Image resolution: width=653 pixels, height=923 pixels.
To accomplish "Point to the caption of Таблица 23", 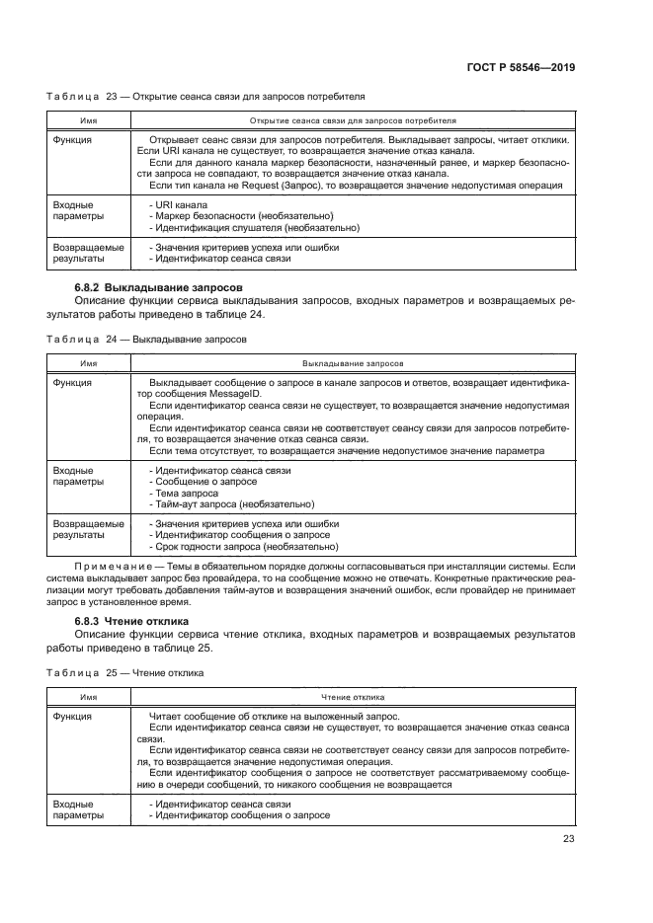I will coord(206,98).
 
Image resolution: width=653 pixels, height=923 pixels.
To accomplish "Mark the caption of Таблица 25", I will coord(125,672).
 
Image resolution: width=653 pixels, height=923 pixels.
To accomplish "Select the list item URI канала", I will coord(177,204).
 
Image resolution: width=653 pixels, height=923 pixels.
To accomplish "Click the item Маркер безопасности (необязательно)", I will coord(240,216).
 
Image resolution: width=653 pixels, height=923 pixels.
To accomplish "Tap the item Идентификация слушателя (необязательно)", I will coord(254,228).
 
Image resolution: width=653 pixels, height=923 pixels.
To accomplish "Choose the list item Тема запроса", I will coord(185,493).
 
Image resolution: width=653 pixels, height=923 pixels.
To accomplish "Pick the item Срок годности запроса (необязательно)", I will coord(242,547).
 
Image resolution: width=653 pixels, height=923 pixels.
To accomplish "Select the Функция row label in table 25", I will coord(73,716).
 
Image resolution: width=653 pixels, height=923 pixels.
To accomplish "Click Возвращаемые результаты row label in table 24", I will coord(88,529).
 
